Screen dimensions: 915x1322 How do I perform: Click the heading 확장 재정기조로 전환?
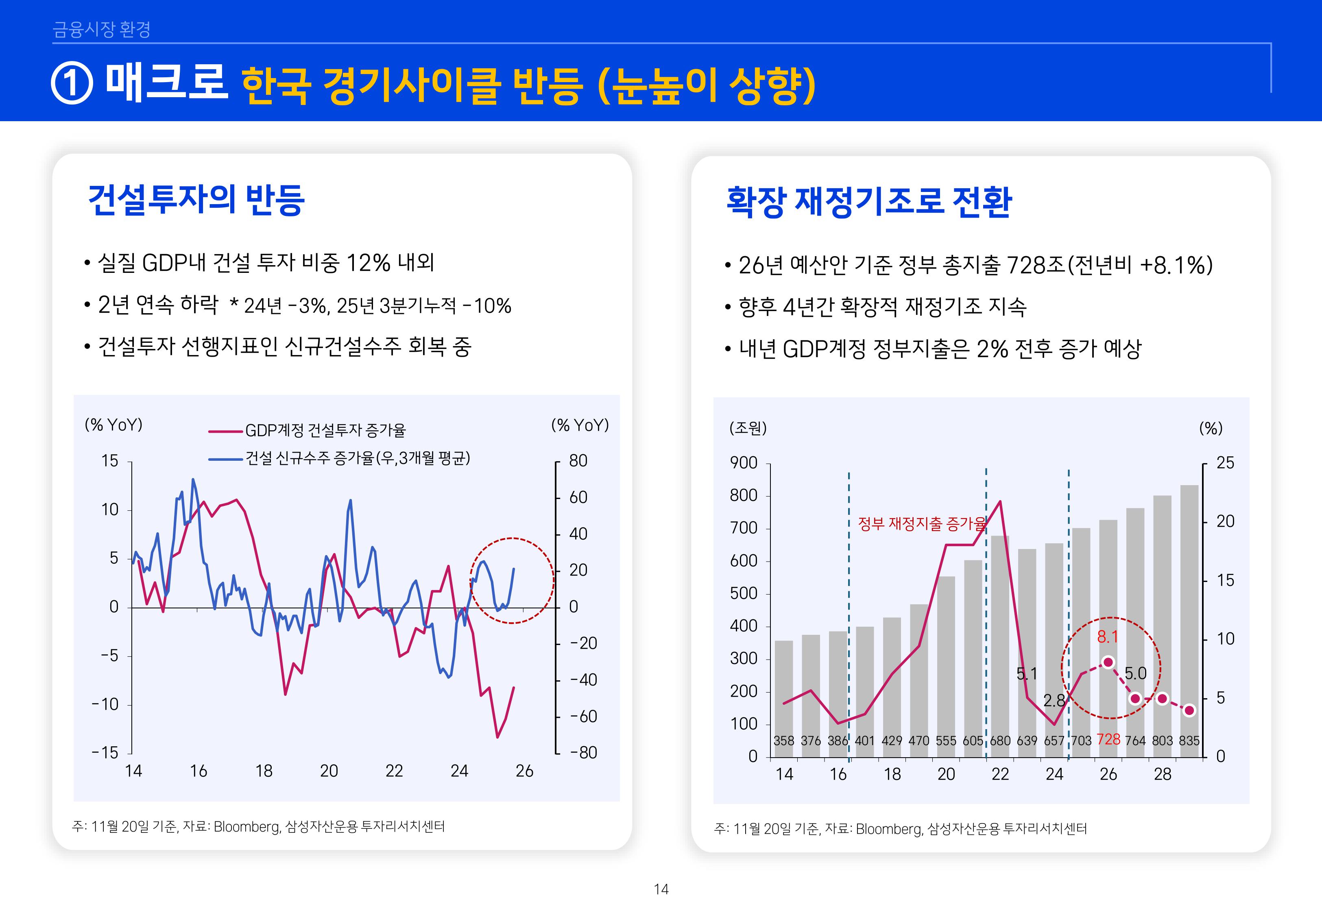868,202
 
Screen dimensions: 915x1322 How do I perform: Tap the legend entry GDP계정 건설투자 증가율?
325,430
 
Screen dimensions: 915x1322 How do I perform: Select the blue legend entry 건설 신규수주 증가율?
357,458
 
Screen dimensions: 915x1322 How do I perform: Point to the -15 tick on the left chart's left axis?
105,753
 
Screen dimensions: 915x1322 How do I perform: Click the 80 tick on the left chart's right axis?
578,461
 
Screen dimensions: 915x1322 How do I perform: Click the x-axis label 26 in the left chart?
524,771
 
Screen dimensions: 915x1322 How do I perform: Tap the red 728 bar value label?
1108,740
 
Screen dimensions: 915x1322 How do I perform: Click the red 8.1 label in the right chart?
1107,637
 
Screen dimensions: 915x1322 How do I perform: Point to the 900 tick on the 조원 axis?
744,463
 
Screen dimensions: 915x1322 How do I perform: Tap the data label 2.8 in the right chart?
1054,701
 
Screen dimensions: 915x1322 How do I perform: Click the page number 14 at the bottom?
661,889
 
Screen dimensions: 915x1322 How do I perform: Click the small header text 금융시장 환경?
101,29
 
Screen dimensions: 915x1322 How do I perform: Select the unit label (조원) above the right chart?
748,428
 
